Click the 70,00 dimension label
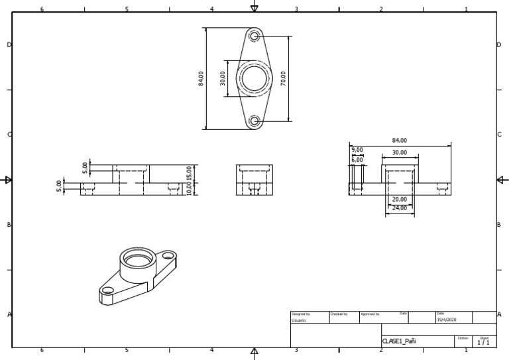click(284, 78)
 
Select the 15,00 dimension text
click(189, 173)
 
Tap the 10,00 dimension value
click(189, 189)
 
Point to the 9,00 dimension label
click(357, 150)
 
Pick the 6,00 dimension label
click(357, 160)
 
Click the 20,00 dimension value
click(400, 200)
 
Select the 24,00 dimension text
click(400, 208)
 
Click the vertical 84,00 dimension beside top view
click(201, 78)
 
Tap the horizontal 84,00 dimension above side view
click(400, 141)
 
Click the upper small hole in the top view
click(254, 36)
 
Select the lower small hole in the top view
click(254, 121)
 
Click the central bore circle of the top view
click(254, 78)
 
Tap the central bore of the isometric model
click(137, 259)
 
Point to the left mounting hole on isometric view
click(107, 290)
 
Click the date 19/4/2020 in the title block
click(447, 320)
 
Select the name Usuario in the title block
click(299, 320)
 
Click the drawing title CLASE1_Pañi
click(399, 341)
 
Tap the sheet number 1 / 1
click(484, 343)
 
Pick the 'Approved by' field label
click(370, 314)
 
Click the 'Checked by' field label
click(339, 314)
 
